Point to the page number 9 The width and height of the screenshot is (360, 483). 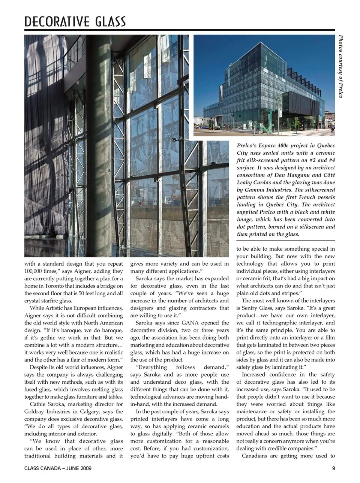333,468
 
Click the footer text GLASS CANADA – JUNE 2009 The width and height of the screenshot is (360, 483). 58,468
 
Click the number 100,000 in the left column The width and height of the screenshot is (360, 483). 35,271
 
